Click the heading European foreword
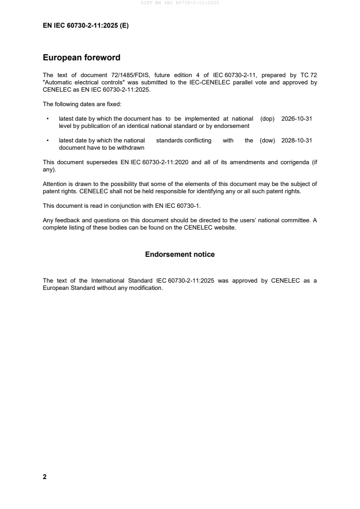(81, 58)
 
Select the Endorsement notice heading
(180, 254)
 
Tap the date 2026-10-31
(296, 118)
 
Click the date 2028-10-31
(296, 141)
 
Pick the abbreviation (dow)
(267, 141)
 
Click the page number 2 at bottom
(44, 477)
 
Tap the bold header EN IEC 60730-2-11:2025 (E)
(85, 26)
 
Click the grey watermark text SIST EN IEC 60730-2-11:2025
(180, 3)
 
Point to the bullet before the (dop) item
(48, 119)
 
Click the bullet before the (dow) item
(48, 141)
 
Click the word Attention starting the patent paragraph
(56, 184)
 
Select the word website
(225, 228)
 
